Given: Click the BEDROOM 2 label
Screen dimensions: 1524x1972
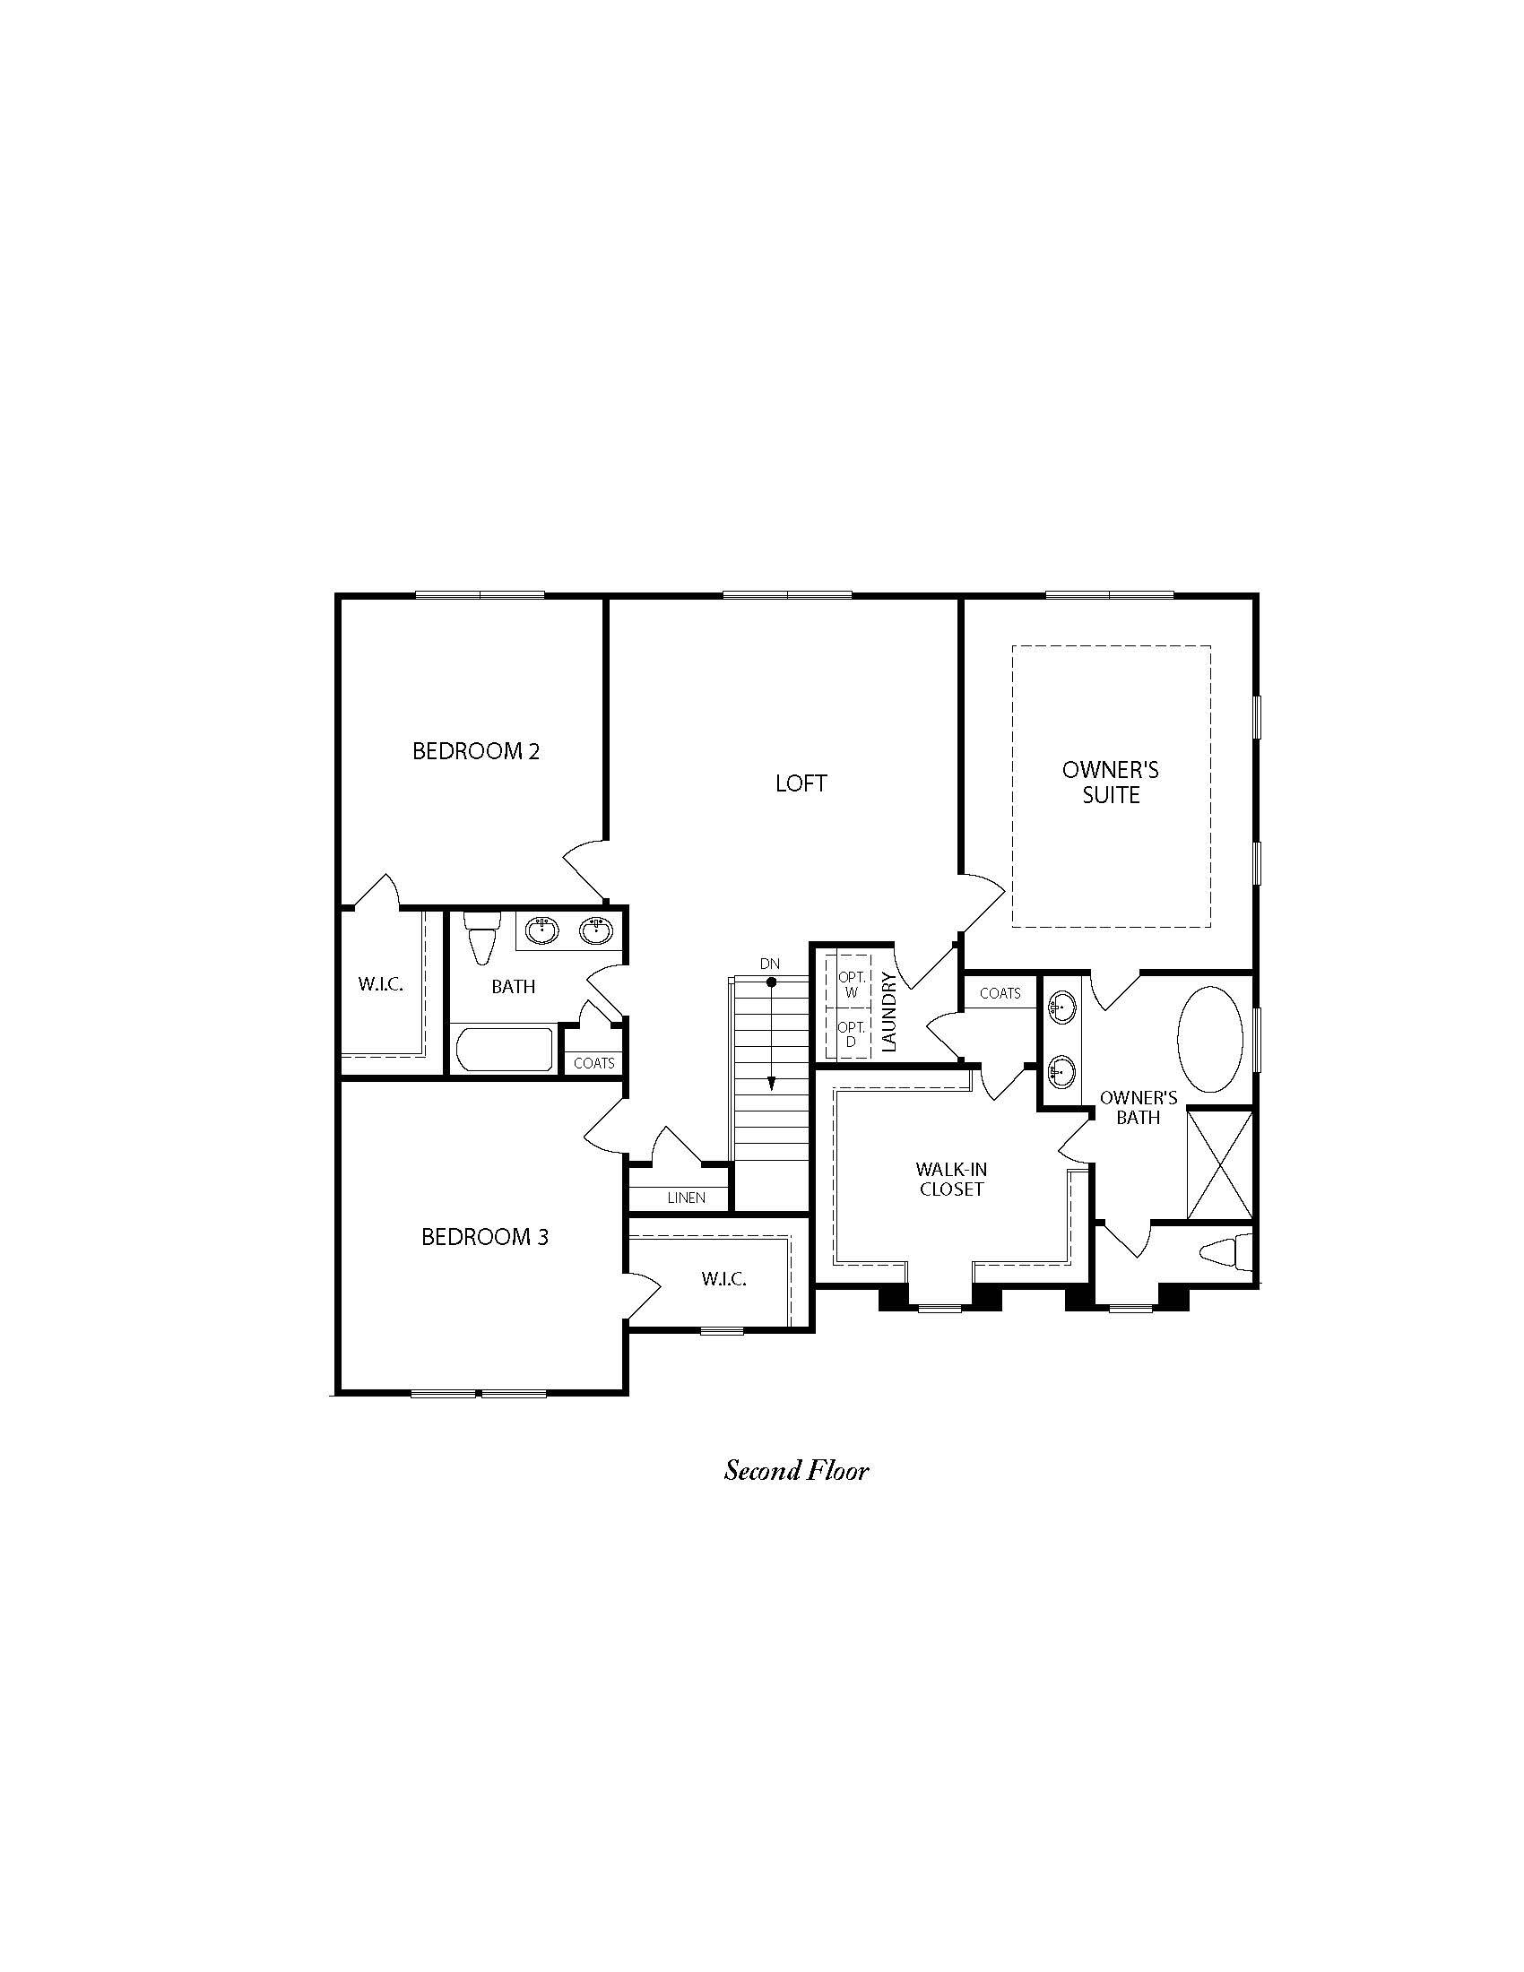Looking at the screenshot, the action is (x=476, y=751).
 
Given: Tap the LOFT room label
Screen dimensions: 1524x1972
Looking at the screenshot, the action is (x=801, y=783).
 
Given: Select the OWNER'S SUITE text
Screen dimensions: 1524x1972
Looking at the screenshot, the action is (x=1111, y=783).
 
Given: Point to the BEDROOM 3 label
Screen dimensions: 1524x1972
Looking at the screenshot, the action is (x=485, y=1237).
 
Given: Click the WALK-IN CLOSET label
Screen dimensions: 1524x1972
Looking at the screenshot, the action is (x=951, y=1180).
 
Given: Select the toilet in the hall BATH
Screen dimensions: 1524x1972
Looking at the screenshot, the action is (x=481, y=938).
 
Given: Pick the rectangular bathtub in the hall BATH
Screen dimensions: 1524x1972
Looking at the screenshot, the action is (x=506, y=1051).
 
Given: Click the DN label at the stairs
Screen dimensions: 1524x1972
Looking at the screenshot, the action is (x=769, y=964).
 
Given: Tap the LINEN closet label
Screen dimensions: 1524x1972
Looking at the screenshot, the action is (x=686, y=1198).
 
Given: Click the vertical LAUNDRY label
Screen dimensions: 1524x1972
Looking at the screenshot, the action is (x=888, y=1011).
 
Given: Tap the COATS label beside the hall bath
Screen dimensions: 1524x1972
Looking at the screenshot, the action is (x=594, y=1063).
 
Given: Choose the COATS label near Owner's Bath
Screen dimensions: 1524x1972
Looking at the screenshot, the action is (x=1000, y=993).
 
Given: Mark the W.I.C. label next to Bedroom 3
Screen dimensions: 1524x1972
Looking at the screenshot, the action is (x=723, y=1279).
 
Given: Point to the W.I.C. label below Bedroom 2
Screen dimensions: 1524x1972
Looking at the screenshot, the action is (x=380, y=984).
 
